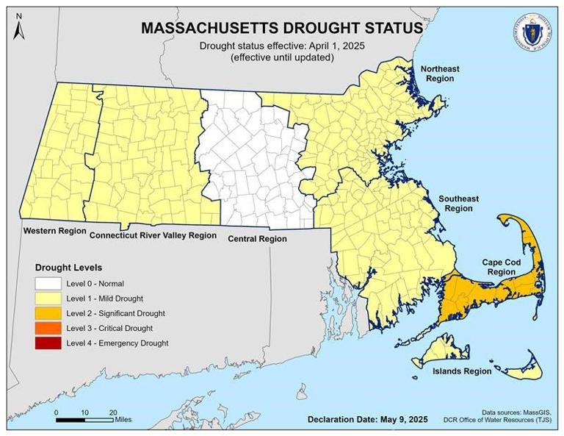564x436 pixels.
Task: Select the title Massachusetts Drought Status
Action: tap(281, 28)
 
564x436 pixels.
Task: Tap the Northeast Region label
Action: tap(440, 74)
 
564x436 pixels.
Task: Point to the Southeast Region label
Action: tap(458, 204)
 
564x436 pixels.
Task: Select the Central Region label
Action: tap(257, 239)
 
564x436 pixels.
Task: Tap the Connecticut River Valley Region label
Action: tap(153, 236)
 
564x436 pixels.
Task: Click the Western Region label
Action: tap(54, 232)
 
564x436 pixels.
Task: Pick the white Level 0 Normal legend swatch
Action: tap(48, 283)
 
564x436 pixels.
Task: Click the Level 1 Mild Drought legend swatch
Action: tap(48, 299)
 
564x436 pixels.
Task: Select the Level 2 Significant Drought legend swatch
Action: tap(48, 313)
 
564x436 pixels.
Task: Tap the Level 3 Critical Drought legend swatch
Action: tap(48, 328)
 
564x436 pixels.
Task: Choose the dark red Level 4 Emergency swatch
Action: tap(48, 343)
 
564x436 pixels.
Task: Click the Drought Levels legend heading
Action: tap(68, 267)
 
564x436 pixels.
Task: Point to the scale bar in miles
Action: tap(84, 420)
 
